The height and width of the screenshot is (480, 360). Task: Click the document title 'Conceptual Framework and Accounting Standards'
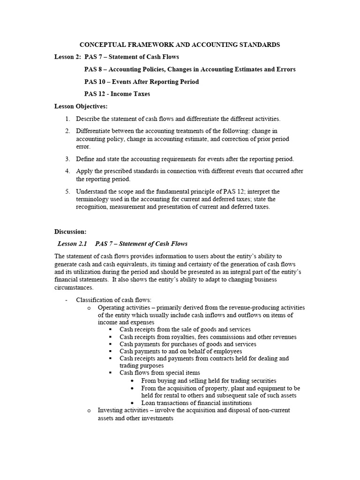pyautogui.click(x=180, y=45)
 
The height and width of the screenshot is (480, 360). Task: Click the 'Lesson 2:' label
pyautogui.click(x=67, y=57)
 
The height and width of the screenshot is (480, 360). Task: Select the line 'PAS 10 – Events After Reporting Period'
pyautogui.click(x=142, y=82)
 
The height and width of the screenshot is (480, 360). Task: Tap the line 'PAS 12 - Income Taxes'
pyautogui.click(x=117, y=94)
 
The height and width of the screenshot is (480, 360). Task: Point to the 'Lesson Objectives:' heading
pyautogui.click(x=81, y=106)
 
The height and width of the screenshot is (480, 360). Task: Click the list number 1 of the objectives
pyautogui.click(x=67, y=119)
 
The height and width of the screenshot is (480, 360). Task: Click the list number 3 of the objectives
pyautogui.click(x=67, y=159)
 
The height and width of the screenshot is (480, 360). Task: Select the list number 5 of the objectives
pyautogui.click(x=67, y=192)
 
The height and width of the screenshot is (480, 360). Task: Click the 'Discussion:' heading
pyautogui.click(x=70, y=232)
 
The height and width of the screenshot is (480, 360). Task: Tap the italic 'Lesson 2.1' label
pyautogui.click(x=72, y=244)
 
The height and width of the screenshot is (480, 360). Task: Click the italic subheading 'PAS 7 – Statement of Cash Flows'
pyautogui.click(x=141, y=244)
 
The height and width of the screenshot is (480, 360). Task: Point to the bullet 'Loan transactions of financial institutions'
pyautogui.click(x=196, y=403)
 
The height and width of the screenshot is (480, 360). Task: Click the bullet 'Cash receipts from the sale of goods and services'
pyautogui.click(x=185, y=330)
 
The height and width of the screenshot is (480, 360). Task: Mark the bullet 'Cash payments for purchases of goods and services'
pyautogui.click(x=188, y=344)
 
